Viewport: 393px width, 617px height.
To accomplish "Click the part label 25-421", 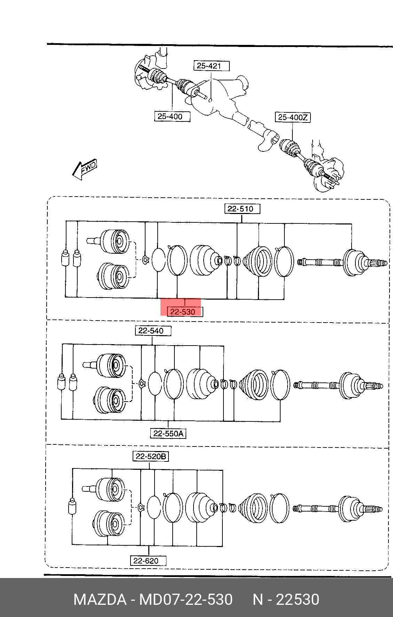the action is pos(212,66).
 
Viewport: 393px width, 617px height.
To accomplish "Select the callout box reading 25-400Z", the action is pos(293,117).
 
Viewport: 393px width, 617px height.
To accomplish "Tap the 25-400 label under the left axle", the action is pos(172,116).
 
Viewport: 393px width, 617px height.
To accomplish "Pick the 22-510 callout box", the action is pos(242,209).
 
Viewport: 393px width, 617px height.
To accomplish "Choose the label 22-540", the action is pos(153,331).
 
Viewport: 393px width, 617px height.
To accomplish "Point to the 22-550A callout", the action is pos(168,433).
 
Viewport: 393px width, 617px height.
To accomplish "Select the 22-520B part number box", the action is pos(151,456).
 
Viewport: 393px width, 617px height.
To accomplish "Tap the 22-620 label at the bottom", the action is pos(148,561).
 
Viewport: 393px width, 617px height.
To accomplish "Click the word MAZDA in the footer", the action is pos(100,600).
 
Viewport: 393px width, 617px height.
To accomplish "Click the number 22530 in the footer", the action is pos(298,600).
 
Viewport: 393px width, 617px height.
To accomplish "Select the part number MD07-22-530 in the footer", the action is pos(186,600).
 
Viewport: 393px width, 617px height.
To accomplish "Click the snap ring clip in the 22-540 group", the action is pos(142,383).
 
